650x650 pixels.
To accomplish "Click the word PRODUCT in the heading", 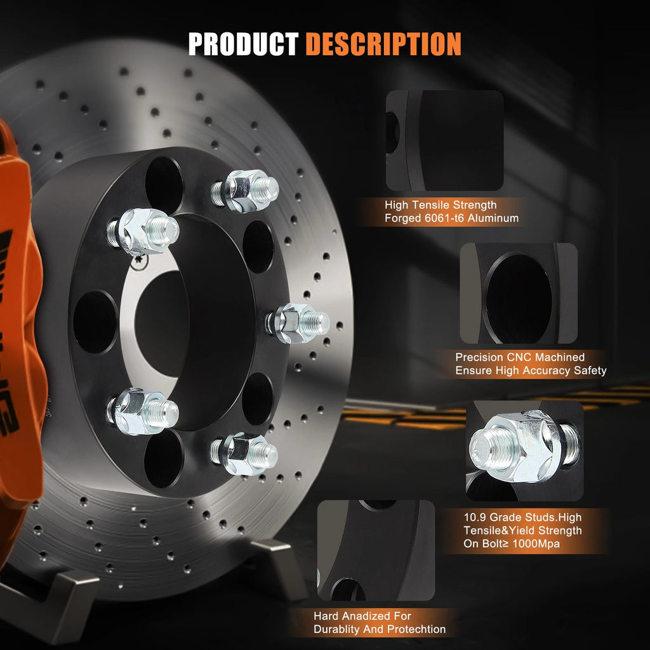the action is [243, 44].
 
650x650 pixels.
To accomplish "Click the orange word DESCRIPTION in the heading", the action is [383, 44].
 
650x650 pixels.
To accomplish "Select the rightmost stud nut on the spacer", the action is [298, 323].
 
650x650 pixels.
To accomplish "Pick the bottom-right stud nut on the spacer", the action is [244, 453].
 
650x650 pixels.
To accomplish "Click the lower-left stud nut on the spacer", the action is [143, 411].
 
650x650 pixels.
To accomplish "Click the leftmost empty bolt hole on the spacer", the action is [95, 322].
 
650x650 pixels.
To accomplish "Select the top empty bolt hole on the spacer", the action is [164, 185].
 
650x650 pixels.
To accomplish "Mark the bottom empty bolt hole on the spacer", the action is [164, 460].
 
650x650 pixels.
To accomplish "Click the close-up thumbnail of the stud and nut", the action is [525, 451].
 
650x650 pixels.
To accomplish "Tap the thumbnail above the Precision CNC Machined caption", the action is [519, 293].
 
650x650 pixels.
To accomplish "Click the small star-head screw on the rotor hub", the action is [140, 261].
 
